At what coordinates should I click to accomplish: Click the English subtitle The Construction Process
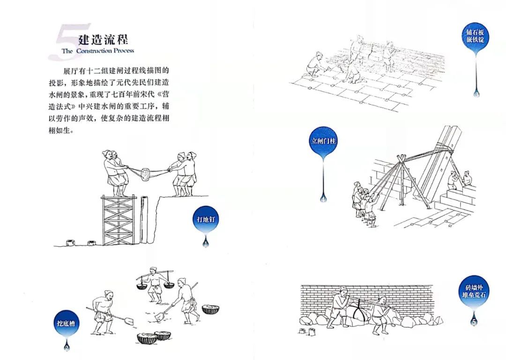point(97,51)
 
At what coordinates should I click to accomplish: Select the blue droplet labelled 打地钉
point(205,219)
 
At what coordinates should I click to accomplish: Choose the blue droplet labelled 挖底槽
point(66,323)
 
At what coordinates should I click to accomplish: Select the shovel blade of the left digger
point(128,322)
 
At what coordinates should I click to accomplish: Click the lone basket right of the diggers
point(210,309)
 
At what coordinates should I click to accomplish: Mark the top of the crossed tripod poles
point(400,158)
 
